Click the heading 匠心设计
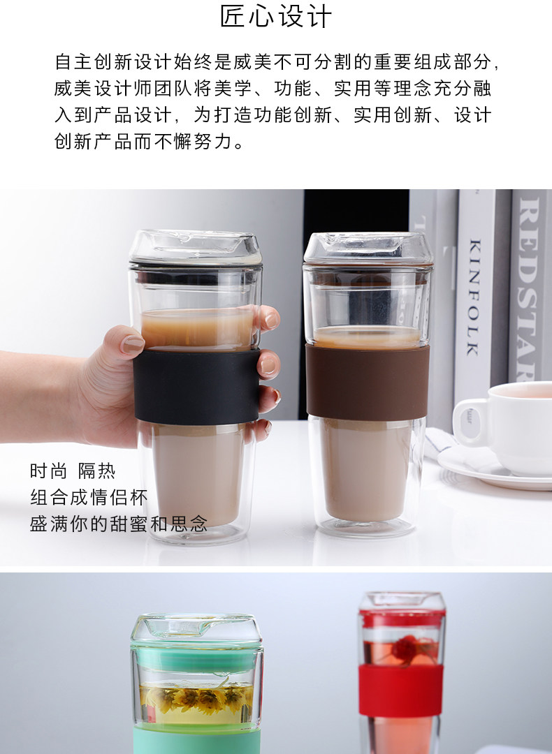click(276, 16)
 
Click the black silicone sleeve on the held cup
click(196, 386)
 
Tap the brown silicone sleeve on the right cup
click(368, 383)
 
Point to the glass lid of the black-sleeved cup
click(196, 247)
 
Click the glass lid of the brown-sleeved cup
click(368, 249)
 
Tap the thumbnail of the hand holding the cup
click(132, 345)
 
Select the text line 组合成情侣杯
click(89, 497)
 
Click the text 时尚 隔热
click(73, 471)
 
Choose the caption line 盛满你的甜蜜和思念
click(119, 524)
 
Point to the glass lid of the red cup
click(402, 603)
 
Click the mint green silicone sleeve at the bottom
click(197, 741)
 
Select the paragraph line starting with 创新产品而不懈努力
click(150, 141)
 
